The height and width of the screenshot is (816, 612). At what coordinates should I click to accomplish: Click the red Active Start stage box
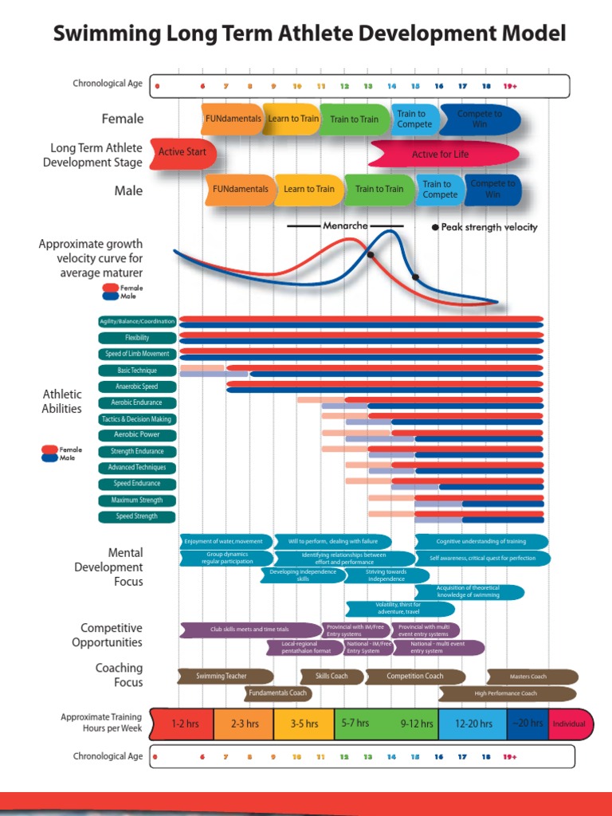pos(182,152)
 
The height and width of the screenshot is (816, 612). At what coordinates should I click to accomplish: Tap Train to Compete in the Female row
pos(414,119)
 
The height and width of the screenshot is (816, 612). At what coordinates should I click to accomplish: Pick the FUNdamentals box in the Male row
pos(240,190)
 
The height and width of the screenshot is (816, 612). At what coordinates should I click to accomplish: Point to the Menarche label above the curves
pos(345,226)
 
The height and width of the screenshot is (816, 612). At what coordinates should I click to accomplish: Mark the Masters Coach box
pos(532,677)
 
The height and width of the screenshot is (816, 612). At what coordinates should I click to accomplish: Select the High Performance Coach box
pos(507,693)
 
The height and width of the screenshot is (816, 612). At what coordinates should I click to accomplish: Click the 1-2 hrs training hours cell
pos(184,724)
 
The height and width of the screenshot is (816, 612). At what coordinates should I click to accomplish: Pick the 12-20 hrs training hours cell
pos(473,724)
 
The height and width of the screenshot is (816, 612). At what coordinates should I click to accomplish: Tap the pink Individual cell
pos(569,724)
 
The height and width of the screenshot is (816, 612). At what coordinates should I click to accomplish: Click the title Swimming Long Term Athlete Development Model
pos(309,33)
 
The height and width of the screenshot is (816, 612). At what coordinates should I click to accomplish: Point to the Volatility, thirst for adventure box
pos(398,609)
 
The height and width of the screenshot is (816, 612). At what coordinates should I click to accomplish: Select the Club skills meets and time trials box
pos(249,630)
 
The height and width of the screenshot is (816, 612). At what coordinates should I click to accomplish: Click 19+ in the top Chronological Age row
pos(510,85)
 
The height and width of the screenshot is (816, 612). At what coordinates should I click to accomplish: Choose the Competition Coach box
pos(414,677)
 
